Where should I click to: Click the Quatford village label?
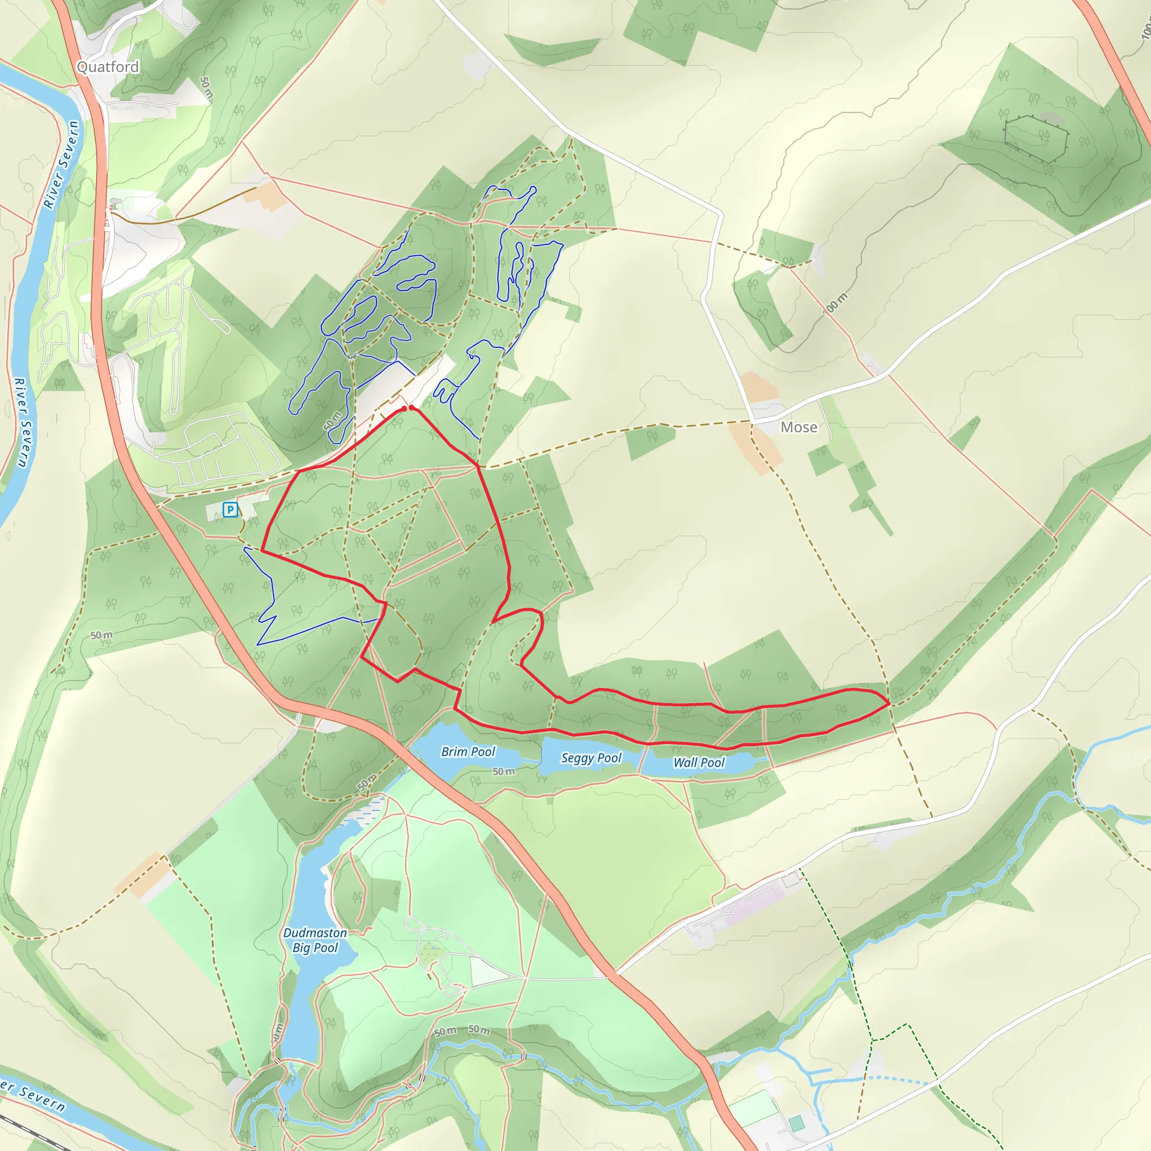point(108,67)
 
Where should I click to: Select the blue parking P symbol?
point(230,509)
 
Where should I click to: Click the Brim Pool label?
point(468,752)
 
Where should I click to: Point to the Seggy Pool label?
point(591,758)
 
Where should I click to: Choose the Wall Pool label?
point(699,763)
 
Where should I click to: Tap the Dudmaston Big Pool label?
point(315,940)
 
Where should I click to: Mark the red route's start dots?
point(408,408)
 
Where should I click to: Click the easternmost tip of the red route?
point(890,703)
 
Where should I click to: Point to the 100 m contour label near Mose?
point(835,304)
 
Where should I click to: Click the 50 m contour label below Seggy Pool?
point(504,772)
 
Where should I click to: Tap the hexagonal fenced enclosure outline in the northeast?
point(1035,139)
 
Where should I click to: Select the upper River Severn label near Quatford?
point(61,165)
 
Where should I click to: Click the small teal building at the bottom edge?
point(796,1123)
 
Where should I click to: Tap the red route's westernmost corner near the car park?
point(262,552)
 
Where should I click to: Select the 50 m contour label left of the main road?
point(101,635)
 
